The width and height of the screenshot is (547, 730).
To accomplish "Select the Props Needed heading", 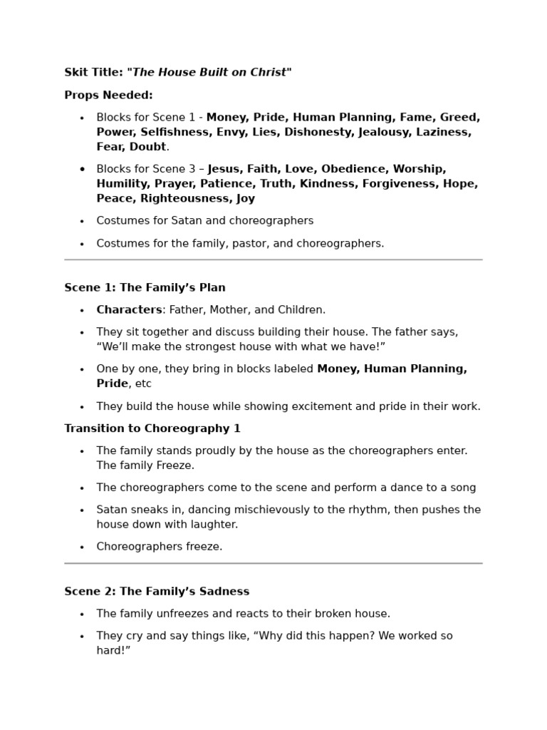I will coord(108,95).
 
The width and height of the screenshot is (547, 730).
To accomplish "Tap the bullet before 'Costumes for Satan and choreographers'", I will coord(82,222).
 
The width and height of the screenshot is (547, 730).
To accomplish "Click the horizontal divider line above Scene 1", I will coord(273,260).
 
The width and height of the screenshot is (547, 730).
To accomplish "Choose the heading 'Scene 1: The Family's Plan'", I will coord(145,288).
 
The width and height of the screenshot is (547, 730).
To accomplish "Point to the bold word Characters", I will coord(129,310).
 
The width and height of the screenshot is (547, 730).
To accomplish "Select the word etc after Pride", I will coord(143,384).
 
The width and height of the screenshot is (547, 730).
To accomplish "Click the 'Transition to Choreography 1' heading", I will coord(152,428).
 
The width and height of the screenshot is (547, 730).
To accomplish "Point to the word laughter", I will coord(212,525).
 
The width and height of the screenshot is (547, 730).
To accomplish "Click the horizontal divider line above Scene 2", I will coord(273,564).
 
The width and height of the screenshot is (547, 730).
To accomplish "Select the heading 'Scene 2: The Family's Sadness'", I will coord(157,592).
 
